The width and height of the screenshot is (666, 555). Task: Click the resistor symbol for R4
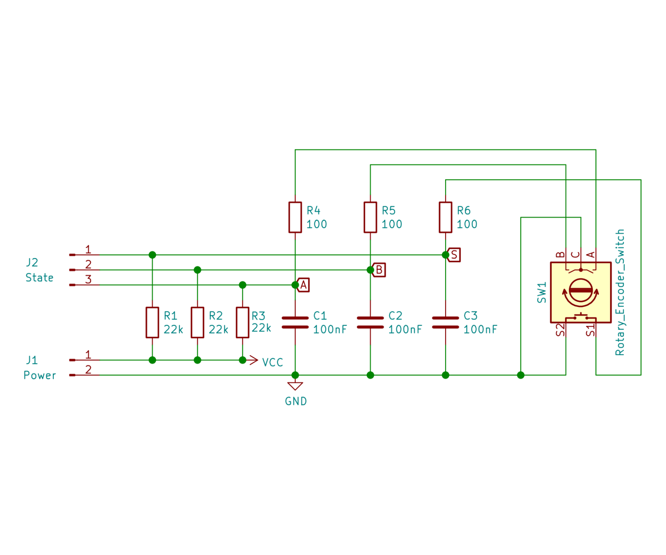click(295, 217)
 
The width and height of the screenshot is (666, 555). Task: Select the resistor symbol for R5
click(370, 217)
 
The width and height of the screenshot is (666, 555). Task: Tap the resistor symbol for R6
click(445, 217)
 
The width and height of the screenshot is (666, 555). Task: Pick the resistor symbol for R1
click(152, 322)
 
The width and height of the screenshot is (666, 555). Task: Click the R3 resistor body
click(242, 322)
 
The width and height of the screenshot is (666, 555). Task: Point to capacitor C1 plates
click(295, 322)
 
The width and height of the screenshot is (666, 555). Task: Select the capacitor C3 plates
click(445, 322)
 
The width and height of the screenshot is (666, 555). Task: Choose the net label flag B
click(379, 270)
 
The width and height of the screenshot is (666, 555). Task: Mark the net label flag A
click(304, 285)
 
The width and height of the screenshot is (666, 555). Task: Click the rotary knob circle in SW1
click(581, 291)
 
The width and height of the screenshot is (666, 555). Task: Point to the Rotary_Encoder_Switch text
click(620, 292)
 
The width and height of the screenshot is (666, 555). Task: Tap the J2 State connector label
click(39, 270)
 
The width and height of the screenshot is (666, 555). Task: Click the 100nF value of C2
click(405, 329)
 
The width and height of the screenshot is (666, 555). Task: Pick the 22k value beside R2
click(218, 329)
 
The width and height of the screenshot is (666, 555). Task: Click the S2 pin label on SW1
click(560, 330)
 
